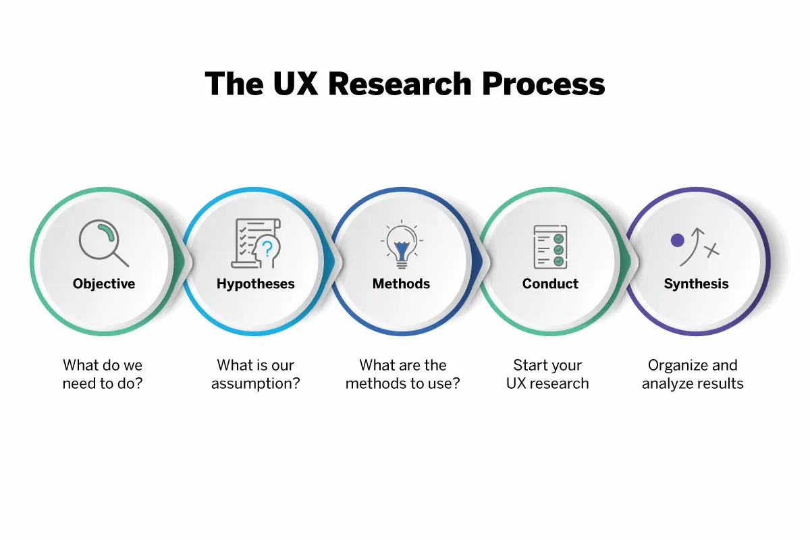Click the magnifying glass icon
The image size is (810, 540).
coord(103,244)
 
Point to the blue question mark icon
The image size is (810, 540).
coord(267,249)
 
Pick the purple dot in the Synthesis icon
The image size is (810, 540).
coord(677,240)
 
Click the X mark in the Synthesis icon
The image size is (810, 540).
coord(711,250)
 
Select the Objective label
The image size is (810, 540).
coord(104,284)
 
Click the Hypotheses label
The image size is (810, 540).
coord(255,284)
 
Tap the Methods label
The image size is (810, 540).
coord(401,284)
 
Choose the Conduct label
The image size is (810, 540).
coord(550,284)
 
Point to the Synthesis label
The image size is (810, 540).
coord(696,284)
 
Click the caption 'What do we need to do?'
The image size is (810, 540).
coord(103,375)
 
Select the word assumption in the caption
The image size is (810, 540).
coord(255,384)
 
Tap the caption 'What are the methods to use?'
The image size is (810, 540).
coord(403,375)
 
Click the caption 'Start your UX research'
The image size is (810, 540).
coord(547,375)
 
